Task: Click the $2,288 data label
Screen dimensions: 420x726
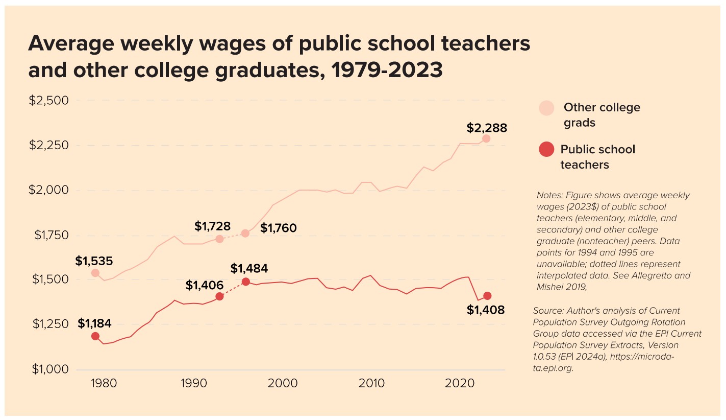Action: click(487, 128)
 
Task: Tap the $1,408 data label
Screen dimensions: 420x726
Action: click(486, 310)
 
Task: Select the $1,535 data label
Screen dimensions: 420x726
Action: click(94, 261)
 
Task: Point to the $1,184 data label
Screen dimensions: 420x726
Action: click(94, 323)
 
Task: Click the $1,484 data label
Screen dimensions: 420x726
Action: click(249, 268)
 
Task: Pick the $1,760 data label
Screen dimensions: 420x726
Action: click(278, 228)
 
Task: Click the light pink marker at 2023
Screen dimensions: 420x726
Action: click(486, 138)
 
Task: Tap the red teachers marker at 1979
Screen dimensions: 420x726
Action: click(95, 336)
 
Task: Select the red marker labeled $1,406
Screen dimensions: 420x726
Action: click(219, 296)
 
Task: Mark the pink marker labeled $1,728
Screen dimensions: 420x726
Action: click(219, 239)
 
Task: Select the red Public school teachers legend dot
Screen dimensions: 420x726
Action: click(546, 150)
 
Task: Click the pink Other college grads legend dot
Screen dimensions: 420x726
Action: click(546, 108)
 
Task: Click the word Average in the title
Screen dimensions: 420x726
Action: click(70, 44)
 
